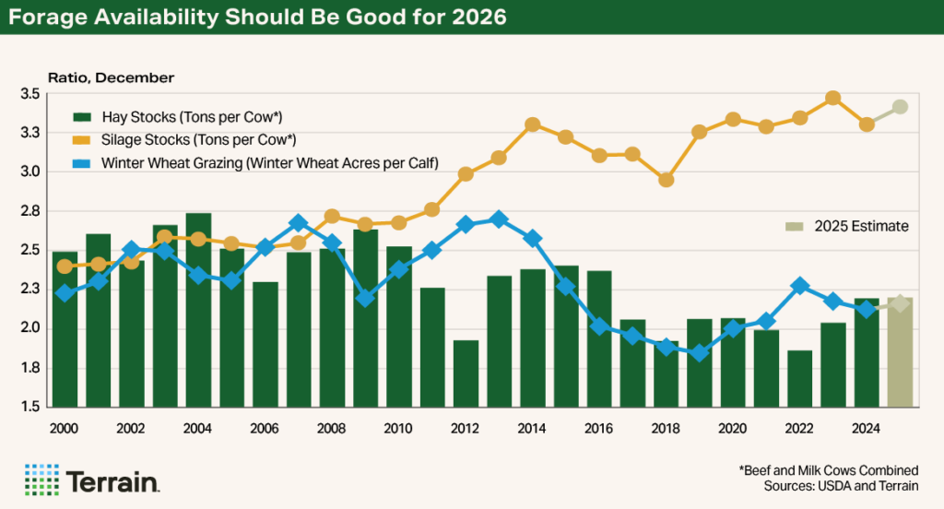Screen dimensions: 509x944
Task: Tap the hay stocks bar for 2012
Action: (x=466, y=373)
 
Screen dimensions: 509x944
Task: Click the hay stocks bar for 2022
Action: (x=800, y=378)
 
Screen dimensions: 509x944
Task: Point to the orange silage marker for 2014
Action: (x=532, y=124)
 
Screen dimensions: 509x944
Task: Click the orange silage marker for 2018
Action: (x=666, y=180)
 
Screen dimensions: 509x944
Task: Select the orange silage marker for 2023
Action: (x=832, y=99)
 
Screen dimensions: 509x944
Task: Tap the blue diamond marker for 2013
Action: (x=499, y=219)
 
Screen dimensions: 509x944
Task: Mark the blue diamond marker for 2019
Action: (x=699, y=352)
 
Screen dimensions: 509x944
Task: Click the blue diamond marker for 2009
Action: (x=365, y=298)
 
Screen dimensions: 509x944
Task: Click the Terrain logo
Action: (x=92, y=480)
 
